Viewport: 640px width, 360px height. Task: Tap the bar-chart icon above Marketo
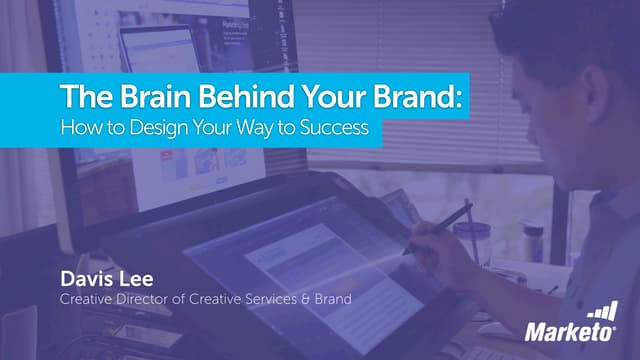[603, 310]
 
